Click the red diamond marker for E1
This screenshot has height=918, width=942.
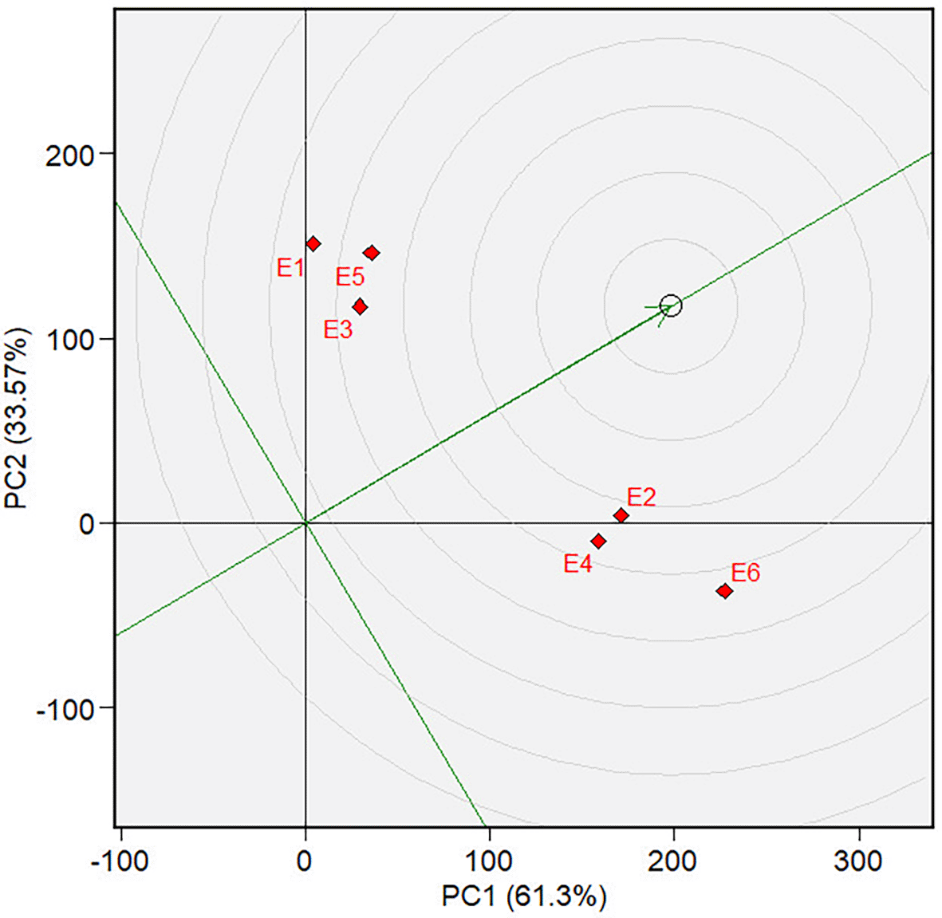click(313, 244)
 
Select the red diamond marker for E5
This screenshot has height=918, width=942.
click(371, 253)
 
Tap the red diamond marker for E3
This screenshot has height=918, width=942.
click(360, 306)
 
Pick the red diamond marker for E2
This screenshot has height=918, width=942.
click(621, 516)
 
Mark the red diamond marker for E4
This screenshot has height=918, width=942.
click(598, 542)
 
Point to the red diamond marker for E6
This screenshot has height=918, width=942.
click(724, 591)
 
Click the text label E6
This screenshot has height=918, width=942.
click(745, 573)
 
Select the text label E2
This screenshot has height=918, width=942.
click(641, 497)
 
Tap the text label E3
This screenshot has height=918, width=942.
click(337, 329)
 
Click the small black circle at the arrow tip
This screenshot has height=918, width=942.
click(671, 305)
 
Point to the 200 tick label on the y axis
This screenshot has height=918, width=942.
click(69, 155)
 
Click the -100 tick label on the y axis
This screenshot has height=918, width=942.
click(65, 709)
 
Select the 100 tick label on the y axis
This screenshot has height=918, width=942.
click(69, 340)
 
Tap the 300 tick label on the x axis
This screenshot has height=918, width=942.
click(858, 861)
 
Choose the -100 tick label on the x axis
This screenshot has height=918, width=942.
click(119, 861)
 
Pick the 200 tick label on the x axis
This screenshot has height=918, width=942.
click(673, 861)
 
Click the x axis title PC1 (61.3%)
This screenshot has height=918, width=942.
click(523, 896)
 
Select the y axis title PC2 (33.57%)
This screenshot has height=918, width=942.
click(18, 419)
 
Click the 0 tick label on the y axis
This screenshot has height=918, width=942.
click(86, 525)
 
